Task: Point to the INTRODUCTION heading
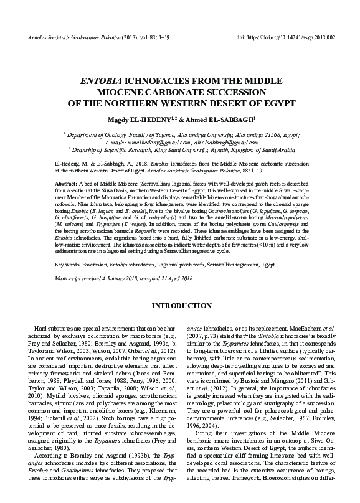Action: coord(180,306)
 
